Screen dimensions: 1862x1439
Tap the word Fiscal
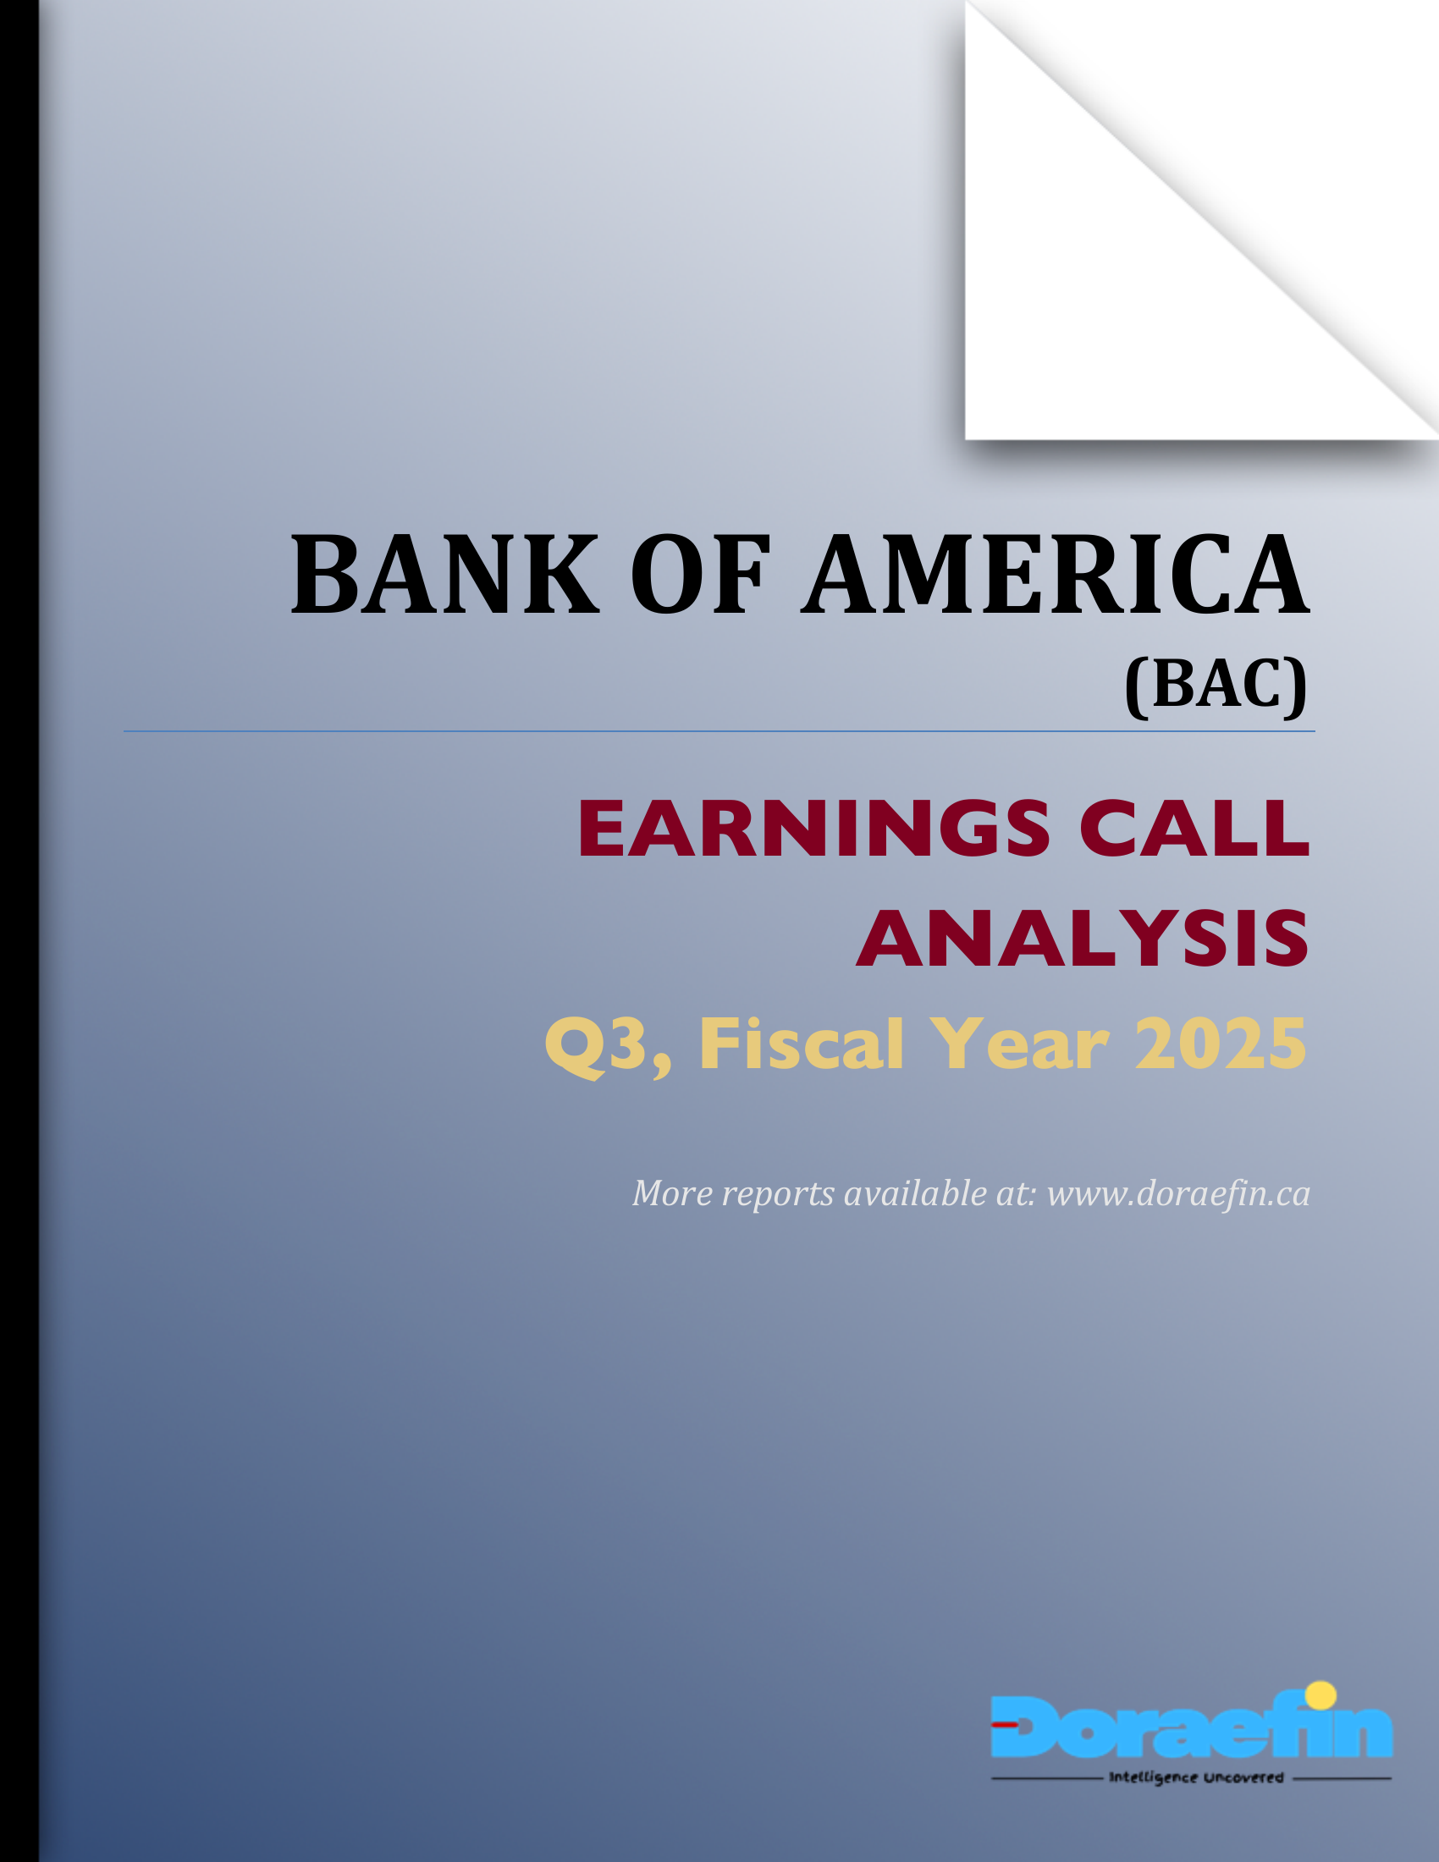pos(801,1044)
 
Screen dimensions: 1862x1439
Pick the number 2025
pos(1220,1044)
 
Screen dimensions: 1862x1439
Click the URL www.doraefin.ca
pos(1178,1194)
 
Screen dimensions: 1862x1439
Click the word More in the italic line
pos(672,1194)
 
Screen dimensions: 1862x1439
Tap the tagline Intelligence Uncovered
pos(1195,1777)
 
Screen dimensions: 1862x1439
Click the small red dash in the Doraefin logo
pos(1006,1724)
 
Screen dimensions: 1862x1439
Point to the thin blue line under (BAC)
pos(719,731)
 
